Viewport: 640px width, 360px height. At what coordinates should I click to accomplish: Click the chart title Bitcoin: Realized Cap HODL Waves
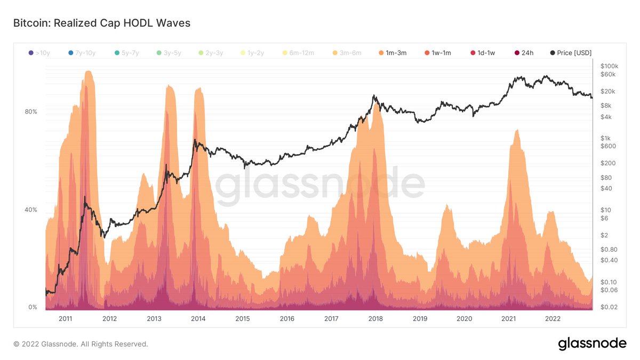tap(101, 23)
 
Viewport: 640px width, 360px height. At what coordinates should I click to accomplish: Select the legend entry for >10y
tap(39, 53)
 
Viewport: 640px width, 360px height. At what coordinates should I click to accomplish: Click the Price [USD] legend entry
tap(571, 53)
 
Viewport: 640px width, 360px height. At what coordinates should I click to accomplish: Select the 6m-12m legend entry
tap(299, 53)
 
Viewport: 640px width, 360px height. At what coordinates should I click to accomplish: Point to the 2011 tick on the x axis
tap(65, 319)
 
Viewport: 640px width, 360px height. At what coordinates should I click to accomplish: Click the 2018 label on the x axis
tap(375, 319)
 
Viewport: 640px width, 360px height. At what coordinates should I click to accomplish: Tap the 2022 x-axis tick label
tap(553, 319)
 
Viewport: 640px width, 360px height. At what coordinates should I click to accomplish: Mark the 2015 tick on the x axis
tap(242, 319)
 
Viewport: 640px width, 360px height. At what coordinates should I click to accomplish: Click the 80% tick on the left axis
tap(31, 112)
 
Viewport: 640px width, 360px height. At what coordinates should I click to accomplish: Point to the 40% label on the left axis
tap(31, 210)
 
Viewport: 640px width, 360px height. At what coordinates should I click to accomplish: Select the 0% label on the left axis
tap(33, 307)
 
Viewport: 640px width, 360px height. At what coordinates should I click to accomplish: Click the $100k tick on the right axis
tap(609, 66)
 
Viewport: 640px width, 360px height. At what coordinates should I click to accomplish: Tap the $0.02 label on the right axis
tap(609, 307)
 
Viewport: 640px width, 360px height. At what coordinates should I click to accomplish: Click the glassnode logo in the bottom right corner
tap(592, 344)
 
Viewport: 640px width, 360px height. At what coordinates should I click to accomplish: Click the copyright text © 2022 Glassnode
tap(81, 344)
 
